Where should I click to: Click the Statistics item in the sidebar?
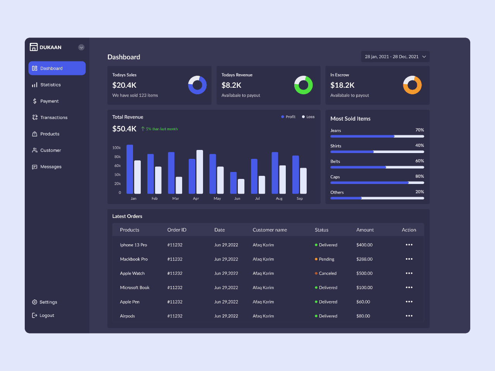(50, 85)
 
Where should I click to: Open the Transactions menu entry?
(54, 117)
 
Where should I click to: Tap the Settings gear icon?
(35, 302)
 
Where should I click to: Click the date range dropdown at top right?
(395, 57)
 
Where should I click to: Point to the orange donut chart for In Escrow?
(412, 85)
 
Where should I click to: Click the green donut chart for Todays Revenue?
(304, 85)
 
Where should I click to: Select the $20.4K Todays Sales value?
(125, 85)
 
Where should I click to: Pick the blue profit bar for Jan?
(130, 169)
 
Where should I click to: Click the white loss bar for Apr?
(200, 172)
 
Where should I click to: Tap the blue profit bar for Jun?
(233, 183)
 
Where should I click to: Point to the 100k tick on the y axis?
(116, 148)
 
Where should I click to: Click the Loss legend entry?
(308, 117)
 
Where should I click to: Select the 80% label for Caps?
(420, 176)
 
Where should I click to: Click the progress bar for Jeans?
(377, 136)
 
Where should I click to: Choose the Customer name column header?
(270, 230)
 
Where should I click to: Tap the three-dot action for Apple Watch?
(409, 273)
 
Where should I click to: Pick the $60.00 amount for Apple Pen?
(363, 302)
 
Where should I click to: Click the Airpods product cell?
(128, 316)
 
